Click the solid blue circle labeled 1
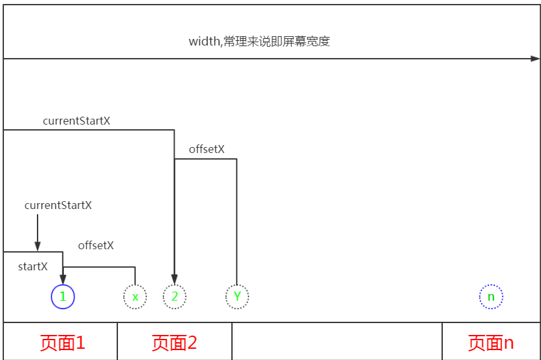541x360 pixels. tap(63, 297)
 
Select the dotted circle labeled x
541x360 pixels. tap(135, 297)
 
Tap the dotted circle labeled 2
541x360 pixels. tap(175, 297)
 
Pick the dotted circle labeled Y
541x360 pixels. tap(237, 297)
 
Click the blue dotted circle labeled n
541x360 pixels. tap(491, 297)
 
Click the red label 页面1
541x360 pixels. tap(63, 343)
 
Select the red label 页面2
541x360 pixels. tap(175, 343)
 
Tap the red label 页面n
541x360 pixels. tap(491, 343)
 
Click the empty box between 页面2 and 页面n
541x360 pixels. tap(337, 342)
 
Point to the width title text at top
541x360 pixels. tap(259, 41)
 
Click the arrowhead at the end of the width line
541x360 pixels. tap(535, 59)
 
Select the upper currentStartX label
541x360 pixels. tap(76, 121)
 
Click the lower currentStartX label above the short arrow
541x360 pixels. tap(58, 205)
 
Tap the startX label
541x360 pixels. tap(33, 267)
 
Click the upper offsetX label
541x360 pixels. tap(207, 149)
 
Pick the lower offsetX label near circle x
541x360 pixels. tap(96, 245)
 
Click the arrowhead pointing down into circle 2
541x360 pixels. tap(175, 280)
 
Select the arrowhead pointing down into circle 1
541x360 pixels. tap(63, 280)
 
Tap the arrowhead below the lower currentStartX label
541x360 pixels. tap(38, 246)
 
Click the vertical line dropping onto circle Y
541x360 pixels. tap(237, 224)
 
